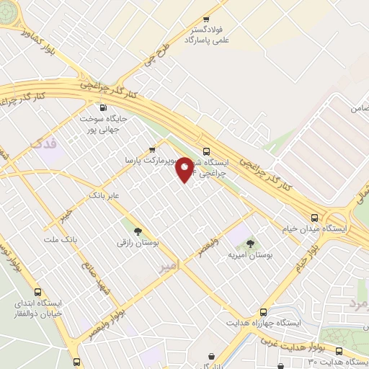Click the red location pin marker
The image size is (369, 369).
(x=185, y=169)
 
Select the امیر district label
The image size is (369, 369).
(x=175, y=267)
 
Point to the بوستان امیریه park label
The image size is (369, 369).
(x=248, y=255)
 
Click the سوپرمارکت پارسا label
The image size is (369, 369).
(x=144, y=159)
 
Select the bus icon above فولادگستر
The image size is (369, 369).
(x=207, y=19)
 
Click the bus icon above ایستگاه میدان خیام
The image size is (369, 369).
(x=314, y=217)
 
